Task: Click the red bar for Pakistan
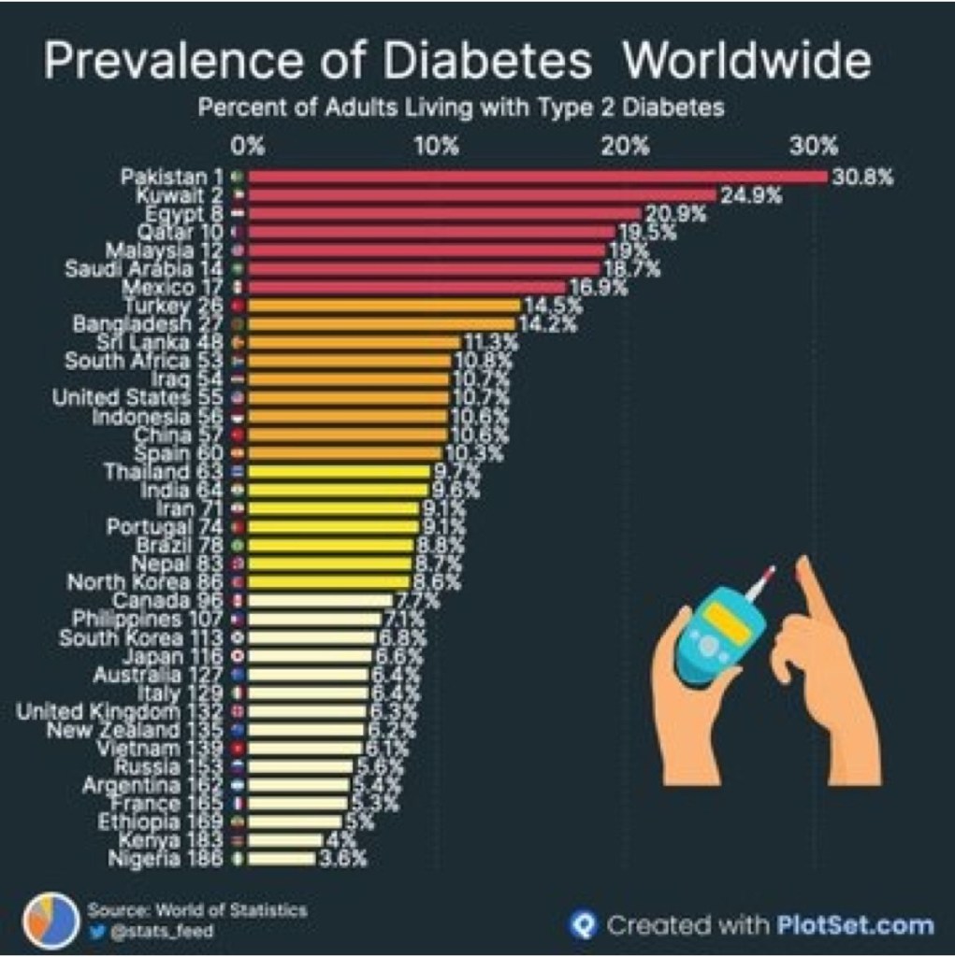coord(538,177)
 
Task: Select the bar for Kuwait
coord(482,195)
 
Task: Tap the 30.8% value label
coord(863,177)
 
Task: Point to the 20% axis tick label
coord(625,147)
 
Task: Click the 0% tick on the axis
coord(249,147)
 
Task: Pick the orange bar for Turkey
coord(383,306)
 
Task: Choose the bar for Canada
coord(320,600)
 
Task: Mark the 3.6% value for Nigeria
coord(343,859)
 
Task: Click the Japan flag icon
coord(237,656)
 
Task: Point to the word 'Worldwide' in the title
coord(746,63)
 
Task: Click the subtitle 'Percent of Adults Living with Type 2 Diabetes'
coord(461,107)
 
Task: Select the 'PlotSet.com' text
coord(855,925)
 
